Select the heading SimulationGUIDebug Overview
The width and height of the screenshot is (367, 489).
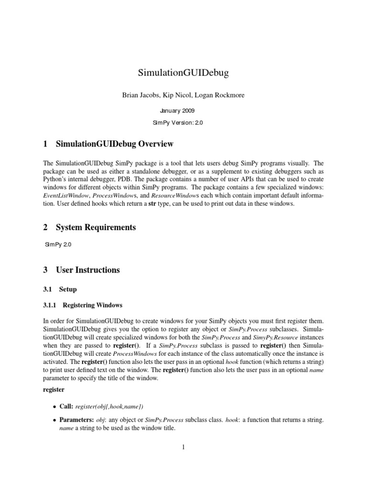tap(115, 144)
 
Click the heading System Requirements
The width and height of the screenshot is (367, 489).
tap(96, 228)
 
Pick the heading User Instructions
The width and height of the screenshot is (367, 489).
tap(88, 270)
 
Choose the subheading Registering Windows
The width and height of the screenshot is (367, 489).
tap(93, 305)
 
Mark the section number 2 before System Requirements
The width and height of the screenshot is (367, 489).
tap(45, 228)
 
